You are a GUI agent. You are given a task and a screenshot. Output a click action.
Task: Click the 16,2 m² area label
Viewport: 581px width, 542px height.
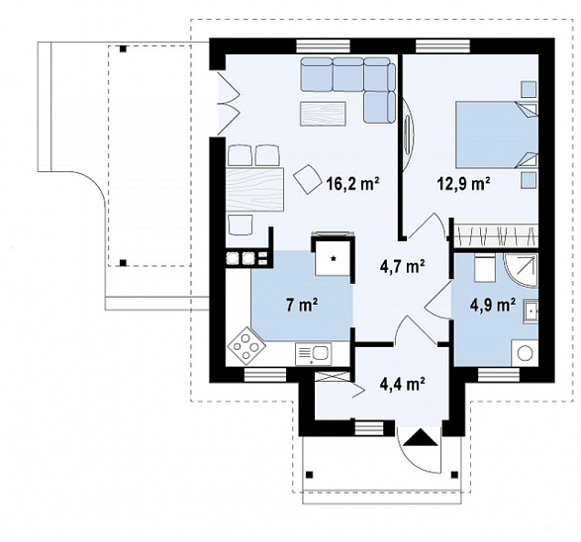pyautogui.click(x=352, y=183)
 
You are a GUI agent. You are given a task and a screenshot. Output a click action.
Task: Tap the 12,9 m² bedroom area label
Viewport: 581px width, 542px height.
pyautogui.click(x=464, y=183)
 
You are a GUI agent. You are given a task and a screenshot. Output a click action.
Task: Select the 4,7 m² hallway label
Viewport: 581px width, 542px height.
pyautogui.click(x=403, y=266)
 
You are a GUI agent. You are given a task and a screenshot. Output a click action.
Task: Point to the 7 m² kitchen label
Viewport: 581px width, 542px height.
pyautogui.click(x=302, y=305)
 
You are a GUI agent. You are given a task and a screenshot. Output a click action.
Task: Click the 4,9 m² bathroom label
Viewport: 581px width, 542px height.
pyautogui.click(x=493, y=305)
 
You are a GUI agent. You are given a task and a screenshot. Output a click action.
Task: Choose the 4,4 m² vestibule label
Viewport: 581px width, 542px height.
pyautogui.click(x=403, y=384)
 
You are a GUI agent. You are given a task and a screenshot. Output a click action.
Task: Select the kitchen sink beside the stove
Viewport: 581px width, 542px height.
pyautogui.click(x=314, y=354)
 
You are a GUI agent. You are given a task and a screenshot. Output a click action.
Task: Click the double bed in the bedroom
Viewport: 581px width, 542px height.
pyautogui.click(x=497, y=135)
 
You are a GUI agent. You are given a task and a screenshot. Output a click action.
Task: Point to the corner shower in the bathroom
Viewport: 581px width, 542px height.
pyautogui.click(x=521, y=271)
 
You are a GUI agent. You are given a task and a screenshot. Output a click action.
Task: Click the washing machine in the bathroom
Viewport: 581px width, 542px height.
pyautogui.click(x=525, y=353)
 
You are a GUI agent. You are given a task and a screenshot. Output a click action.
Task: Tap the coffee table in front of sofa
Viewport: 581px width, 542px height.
pyautogui.click(x=323, y=114)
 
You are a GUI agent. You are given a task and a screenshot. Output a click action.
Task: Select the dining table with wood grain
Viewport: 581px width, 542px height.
pyautogui.click(x=254, y=190)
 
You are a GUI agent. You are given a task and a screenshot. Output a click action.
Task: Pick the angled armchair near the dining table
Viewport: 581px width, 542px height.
pyautogui.click(x=308, y=178)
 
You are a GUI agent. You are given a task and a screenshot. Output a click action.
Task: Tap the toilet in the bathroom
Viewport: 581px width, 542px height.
pyautogui.click(x=484, y=268)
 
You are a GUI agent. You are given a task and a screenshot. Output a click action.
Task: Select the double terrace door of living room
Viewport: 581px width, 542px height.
pyautogui.click(x=228, y=103)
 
